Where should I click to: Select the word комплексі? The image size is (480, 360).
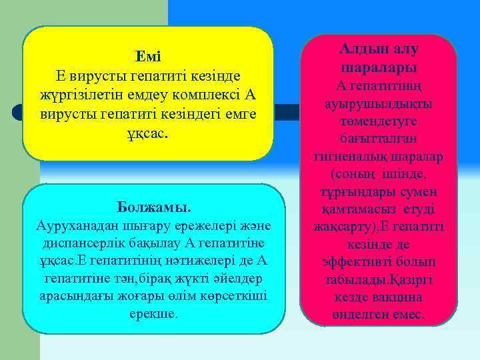point(204,94)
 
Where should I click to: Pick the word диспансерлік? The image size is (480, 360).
point(81,243)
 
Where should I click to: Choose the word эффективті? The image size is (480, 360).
point(363,261)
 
